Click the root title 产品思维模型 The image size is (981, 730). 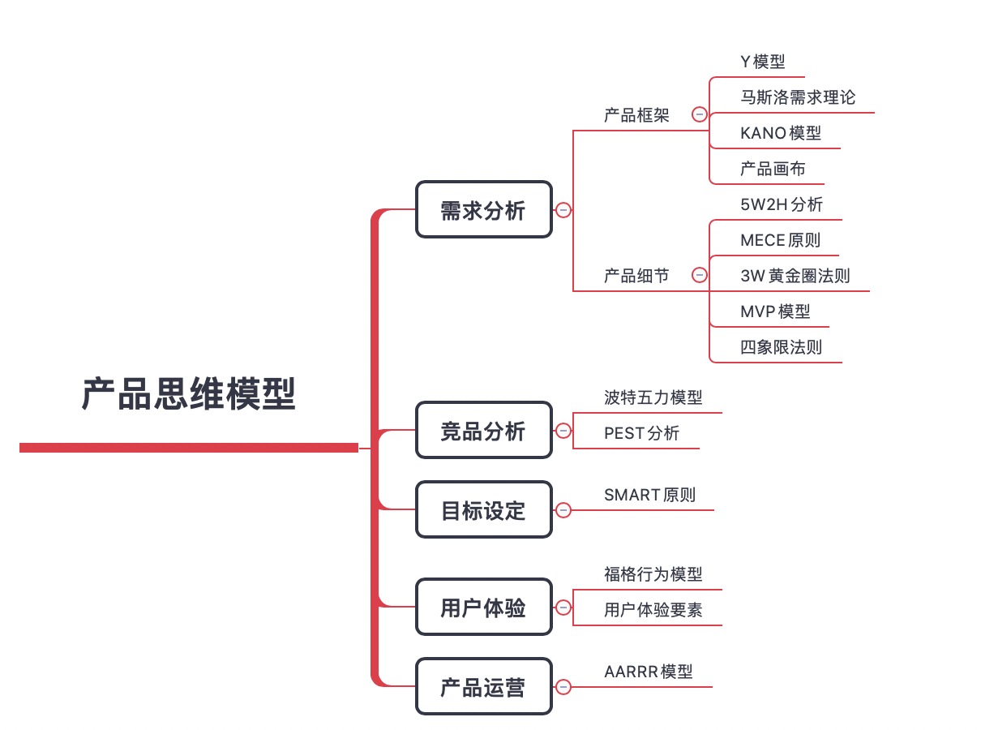click(x=189, y=395)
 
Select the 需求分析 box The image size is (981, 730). click(x=483, y=210)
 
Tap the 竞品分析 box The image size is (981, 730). click(x=483, y=431)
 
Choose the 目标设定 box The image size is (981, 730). click(x=483, y=510)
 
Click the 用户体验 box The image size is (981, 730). click(x=483, y=608)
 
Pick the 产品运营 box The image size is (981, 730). click(x=483, y=687)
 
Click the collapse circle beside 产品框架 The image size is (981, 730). click(x=699, y=114)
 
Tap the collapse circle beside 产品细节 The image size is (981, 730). click(x=699, y=275)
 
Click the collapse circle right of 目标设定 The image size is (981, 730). click(x=563, y=510)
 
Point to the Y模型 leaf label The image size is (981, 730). click(x=762, y=62)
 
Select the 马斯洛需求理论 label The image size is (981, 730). click(x=797, y=97)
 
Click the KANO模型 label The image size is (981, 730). click(x=780, y=133)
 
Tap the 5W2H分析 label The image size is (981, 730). click(x=781, y=204)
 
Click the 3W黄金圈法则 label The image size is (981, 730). click(x=795, y=276)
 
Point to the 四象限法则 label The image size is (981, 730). click(x=780, y=347)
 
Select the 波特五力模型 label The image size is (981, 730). click(x=653, y=397)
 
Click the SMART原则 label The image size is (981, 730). click(x=649, y=495)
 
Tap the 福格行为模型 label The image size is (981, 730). click(x=653, y=574)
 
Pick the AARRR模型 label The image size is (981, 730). click(x=648, y=672)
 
